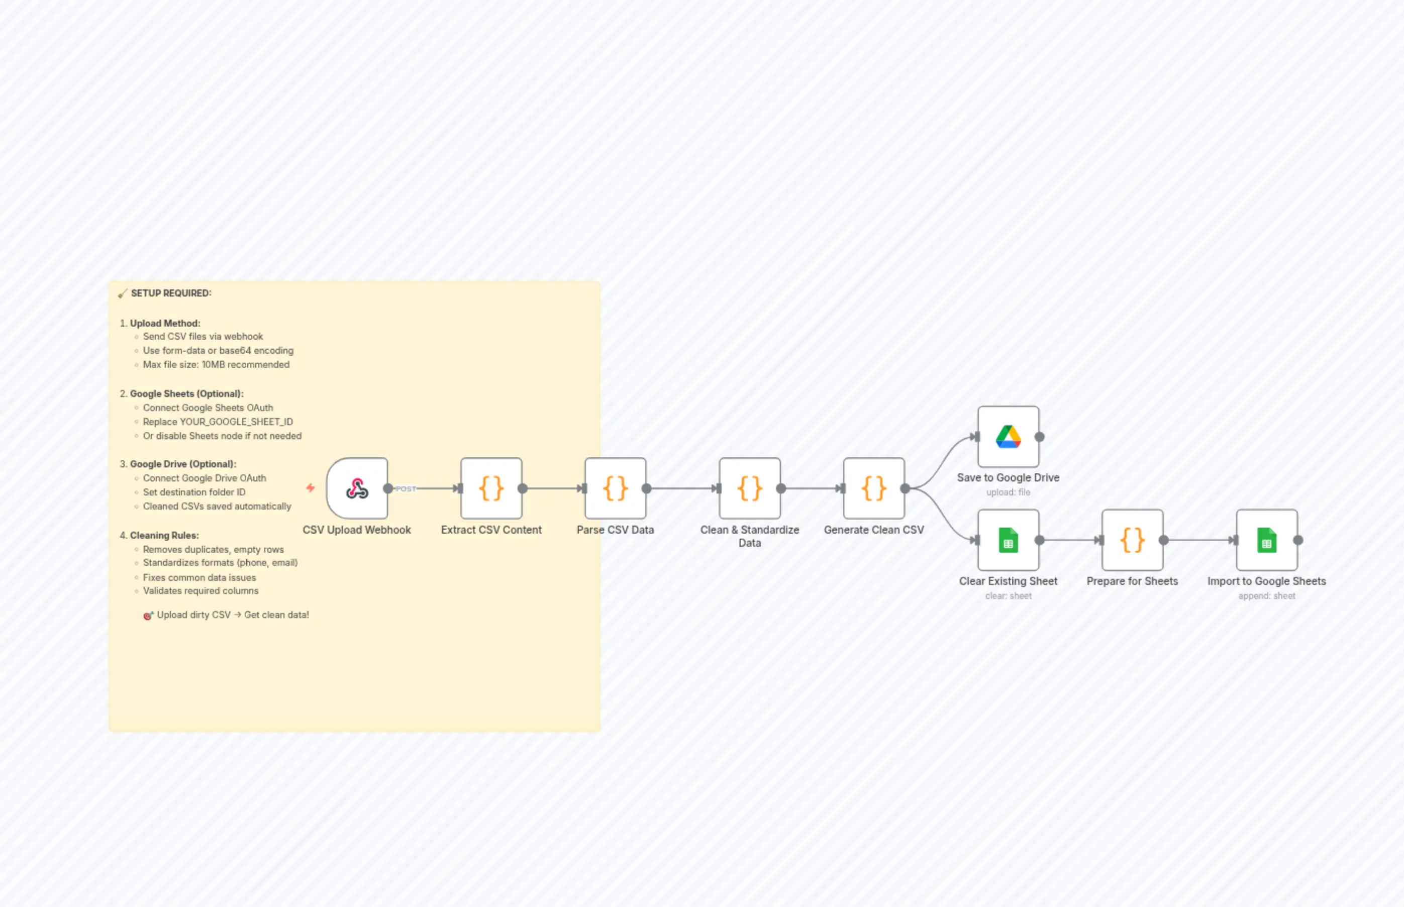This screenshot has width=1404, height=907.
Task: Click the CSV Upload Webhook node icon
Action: pyautogui.click(x=357, y=488)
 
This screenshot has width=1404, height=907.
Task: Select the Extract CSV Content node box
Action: pyautogui.click(x=491, y=488)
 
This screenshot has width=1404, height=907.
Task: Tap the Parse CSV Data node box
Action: pyautogui.click(x=616, y=488)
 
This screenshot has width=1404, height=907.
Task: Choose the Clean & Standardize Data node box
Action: pyautogui.click(x=750, y=488)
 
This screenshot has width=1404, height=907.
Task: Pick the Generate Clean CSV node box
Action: pyautogui.click(x=874, y=488)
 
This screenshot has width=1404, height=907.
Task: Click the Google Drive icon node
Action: pyautogui.click(x=1008, y=437)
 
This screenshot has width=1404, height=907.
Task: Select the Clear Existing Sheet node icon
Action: pyautogui.click(x=1008, y=540)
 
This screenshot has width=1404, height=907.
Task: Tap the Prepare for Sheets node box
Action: pyautogui.click(x=1132, y=540)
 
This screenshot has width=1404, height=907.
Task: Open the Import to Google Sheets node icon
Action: pyautogui.click(x=1266, y=540)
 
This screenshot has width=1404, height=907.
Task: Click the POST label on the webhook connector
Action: pyautogui.click(x=406, y=489)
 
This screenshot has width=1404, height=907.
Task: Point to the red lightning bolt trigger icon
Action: pyautogui.click(x=311, y=487)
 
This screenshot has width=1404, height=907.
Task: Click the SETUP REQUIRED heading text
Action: pyautogui.click(x=171, y=293)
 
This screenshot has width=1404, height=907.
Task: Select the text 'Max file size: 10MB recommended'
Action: pyautogui.click(x=216, y=365)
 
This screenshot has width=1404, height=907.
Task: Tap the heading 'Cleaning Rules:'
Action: pyautogui.click(x=164, y=535)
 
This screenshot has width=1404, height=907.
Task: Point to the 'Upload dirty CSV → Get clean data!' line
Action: pyautogui.click(x=233, y=615)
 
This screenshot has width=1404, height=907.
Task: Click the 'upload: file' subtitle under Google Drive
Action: pyautogui.click(x=1008, y=492)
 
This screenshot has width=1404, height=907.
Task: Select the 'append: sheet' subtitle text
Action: pyautogui.click(x=1266, y=596)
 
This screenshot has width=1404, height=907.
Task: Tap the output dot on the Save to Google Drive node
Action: pyautogui.click(x=1040, y=437)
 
